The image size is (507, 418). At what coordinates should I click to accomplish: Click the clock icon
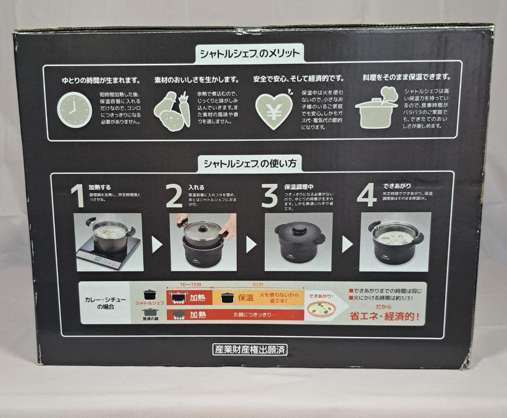coord(74,110)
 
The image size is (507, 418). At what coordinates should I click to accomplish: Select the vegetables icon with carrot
coord(172,112)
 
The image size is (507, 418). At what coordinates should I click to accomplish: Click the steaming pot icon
coord(376,110)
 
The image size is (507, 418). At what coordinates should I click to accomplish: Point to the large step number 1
coord(77,196)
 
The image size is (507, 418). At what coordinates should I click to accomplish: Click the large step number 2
coord(174,196)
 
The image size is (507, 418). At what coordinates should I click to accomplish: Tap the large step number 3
coord(269,196)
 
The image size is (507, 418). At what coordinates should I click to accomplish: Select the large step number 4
coord(366,195)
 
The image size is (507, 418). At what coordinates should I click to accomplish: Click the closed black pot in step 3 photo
coord(299,242)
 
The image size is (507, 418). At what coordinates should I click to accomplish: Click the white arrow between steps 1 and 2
coord(157,244)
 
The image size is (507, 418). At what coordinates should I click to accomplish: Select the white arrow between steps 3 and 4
coord(347,244)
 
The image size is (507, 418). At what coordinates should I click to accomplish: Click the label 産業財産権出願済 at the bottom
coord(249,349)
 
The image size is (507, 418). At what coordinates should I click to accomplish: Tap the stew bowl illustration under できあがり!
coord(322,309)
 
